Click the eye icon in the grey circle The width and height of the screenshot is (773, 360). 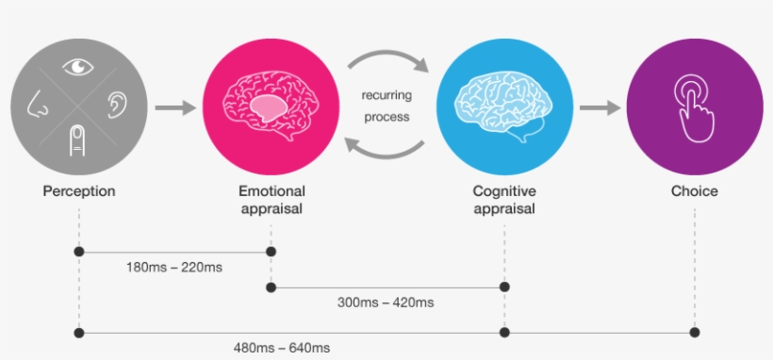click(x=78, y=66)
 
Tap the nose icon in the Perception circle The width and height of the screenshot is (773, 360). click(x=37, y=104)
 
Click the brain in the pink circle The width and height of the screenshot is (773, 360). click(x=271, y=103)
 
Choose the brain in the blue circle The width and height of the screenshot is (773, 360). click(x=504, y=103)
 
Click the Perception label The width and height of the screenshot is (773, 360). click(x=79, y=191)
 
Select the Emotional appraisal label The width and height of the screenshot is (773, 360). click(x=271, y=200)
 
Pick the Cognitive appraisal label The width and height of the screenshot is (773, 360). click(x=504, y=200)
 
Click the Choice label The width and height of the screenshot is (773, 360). click(x=695, y=191)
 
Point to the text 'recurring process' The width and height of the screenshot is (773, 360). click(x=386, y=106)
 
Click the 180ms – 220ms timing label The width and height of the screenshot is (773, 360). click(x=174, y=268)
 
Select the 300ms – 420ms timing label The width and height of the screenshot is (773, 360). click(x=386, y=303)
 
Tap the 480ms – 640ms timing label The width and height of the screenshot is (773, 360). click(x=282, y=348)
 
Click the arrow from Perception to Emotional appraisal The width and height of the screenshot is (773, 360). click(x=174, y=106)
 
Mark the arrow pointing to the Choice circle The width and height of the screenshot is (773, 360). click(x=599, y=106)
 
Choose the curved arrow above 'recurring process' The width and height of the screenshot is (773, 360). click(x=386, y=62)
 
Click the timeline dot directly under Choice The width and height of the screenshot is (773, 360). click(x=695, y=332)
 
